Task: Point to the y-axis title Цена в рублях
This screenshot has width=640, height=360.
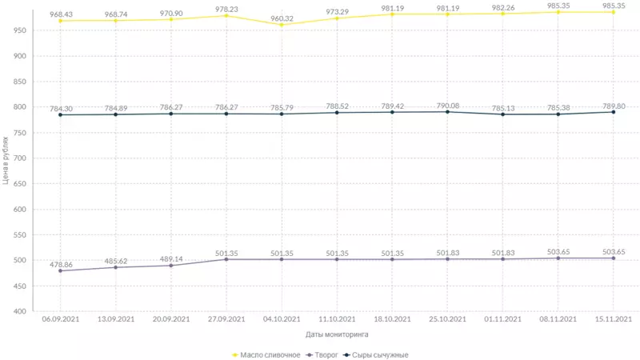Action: (6, 161)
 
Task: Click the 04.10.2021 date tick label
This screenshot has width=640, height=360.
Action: (282, 320)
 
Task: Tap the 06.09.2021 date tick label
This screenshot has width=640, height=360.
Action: (61, 320)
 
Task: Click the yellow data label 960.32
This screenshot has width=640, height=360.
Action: (282, 18)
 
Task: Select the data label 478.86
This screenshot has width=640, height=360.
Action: (61, 264)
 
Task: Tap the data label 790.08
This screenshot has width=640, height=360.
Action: (447, 105)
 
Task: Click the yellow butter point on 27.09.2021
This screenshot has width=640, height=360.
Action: (226, 16)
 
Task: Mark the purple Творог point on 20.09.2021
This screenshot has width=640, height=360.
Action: (171, 265)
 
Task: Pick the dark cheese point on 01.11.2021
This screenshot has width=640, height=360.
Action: (502, 114)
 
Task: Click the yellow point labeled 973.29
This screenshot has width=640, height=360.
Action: (337, 18)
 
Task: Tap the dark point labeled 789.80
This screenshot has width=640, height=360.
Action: (614, 112)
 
